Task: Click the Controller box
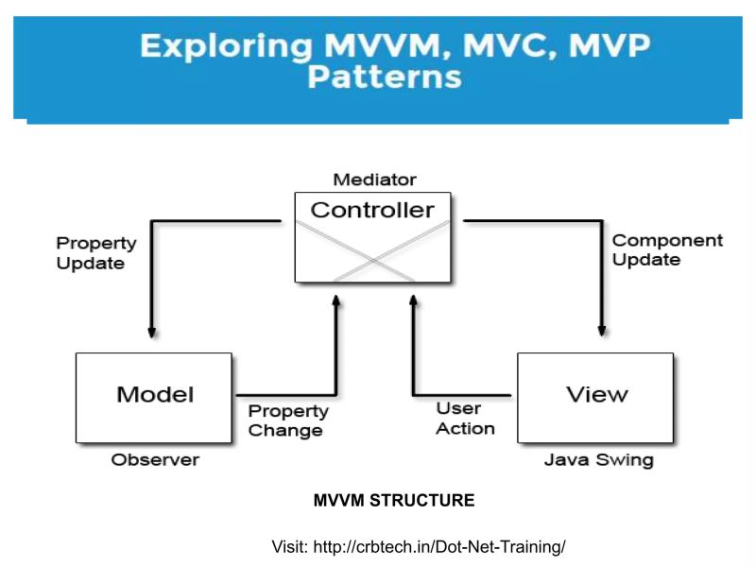pos(372,236)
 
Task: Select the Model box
pos(154,397)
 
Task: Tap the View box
pos(595,397)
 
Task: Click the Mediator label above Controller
pos(374,180)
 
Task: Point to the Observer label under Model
pos(155,460)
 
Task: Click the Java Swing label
pos(598,460)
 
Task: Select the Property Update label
pos(95,253)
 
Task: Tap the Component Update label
pos(666,250)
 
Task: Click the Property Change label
pos(288,421)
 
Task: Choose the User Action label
pos(465,419)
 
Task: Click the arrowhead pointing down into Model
pos(151,331)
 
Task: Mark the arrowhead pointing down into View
pos(601,331)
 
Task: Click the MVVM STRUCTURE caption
pos(393,501)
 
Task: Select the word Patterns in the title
pos(384,77)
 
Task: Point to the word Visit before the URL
pos(289,546)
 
